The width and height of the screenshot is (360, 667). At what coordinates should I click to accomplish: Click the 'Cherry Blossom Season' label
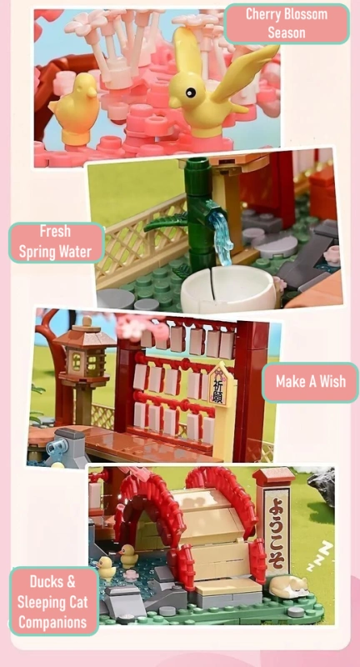pos(287,24)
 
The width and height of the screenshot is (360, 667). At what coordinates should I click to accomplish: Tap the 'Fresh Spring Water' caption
pos(56,242)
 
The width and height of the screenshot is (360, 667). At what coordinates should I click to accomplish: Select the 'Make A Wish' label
pos(309,384)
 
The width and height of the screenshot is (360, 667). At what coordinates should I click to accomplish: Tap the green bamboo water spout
pos(199,208)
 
